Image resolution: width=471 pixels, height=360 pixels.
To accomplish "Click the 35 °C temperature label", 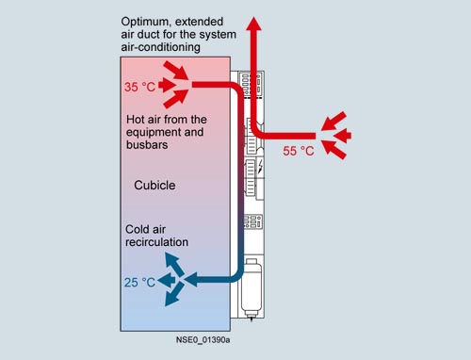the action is [139, 87].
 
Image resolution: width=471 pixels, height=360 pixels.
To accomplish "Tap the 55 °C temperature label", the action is [299, 151].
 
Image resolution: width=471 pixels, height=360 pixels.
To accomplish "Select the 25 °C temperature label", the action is [139, 283].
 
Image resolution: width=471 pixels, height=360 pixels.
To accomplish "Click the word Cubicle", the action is [154, 185].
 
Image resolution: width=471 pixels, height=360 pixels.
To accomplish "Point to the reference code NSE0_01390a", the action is [203, 340].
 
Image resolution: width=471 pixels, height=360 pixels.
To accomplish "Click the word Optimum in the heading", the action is [145, 22].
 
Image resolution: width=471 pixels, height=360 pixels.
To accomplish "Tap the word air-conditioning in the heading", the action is [161, 47].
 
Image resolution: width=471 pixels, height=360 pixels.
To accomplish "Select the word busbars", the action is [147, 144].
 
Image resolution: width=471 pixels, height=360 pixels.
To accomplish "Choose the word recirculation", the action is [157, 242].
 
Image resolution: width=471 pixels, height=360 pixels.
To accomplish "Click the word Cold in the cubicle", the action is [138, 229].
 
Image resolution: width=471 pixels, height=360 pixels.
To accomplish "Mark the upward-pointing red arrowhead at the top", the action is [253, 24].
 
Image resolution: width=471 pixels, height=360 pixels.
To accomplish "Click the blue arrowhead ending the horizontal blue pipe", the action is [191, 279].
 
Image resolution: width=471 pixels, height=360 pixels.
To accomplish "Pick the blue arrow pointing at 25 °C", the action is [167, 280].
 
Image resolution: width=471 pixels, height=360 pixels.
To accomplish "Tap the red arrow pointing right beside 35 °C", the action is [167, 85].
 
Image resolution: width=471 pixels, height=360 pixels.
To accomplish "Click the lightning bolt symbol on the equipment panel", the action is [260, 166].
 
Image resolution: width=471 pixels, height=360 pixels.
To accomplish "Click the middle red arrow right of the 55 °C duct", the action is [342, 136].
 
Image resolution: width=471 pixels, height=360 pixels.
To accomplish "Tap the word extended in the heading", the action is [199, 22].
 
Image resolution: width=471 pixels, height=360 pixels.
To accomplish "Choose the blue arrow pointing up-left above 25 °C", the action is [175, 264].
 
